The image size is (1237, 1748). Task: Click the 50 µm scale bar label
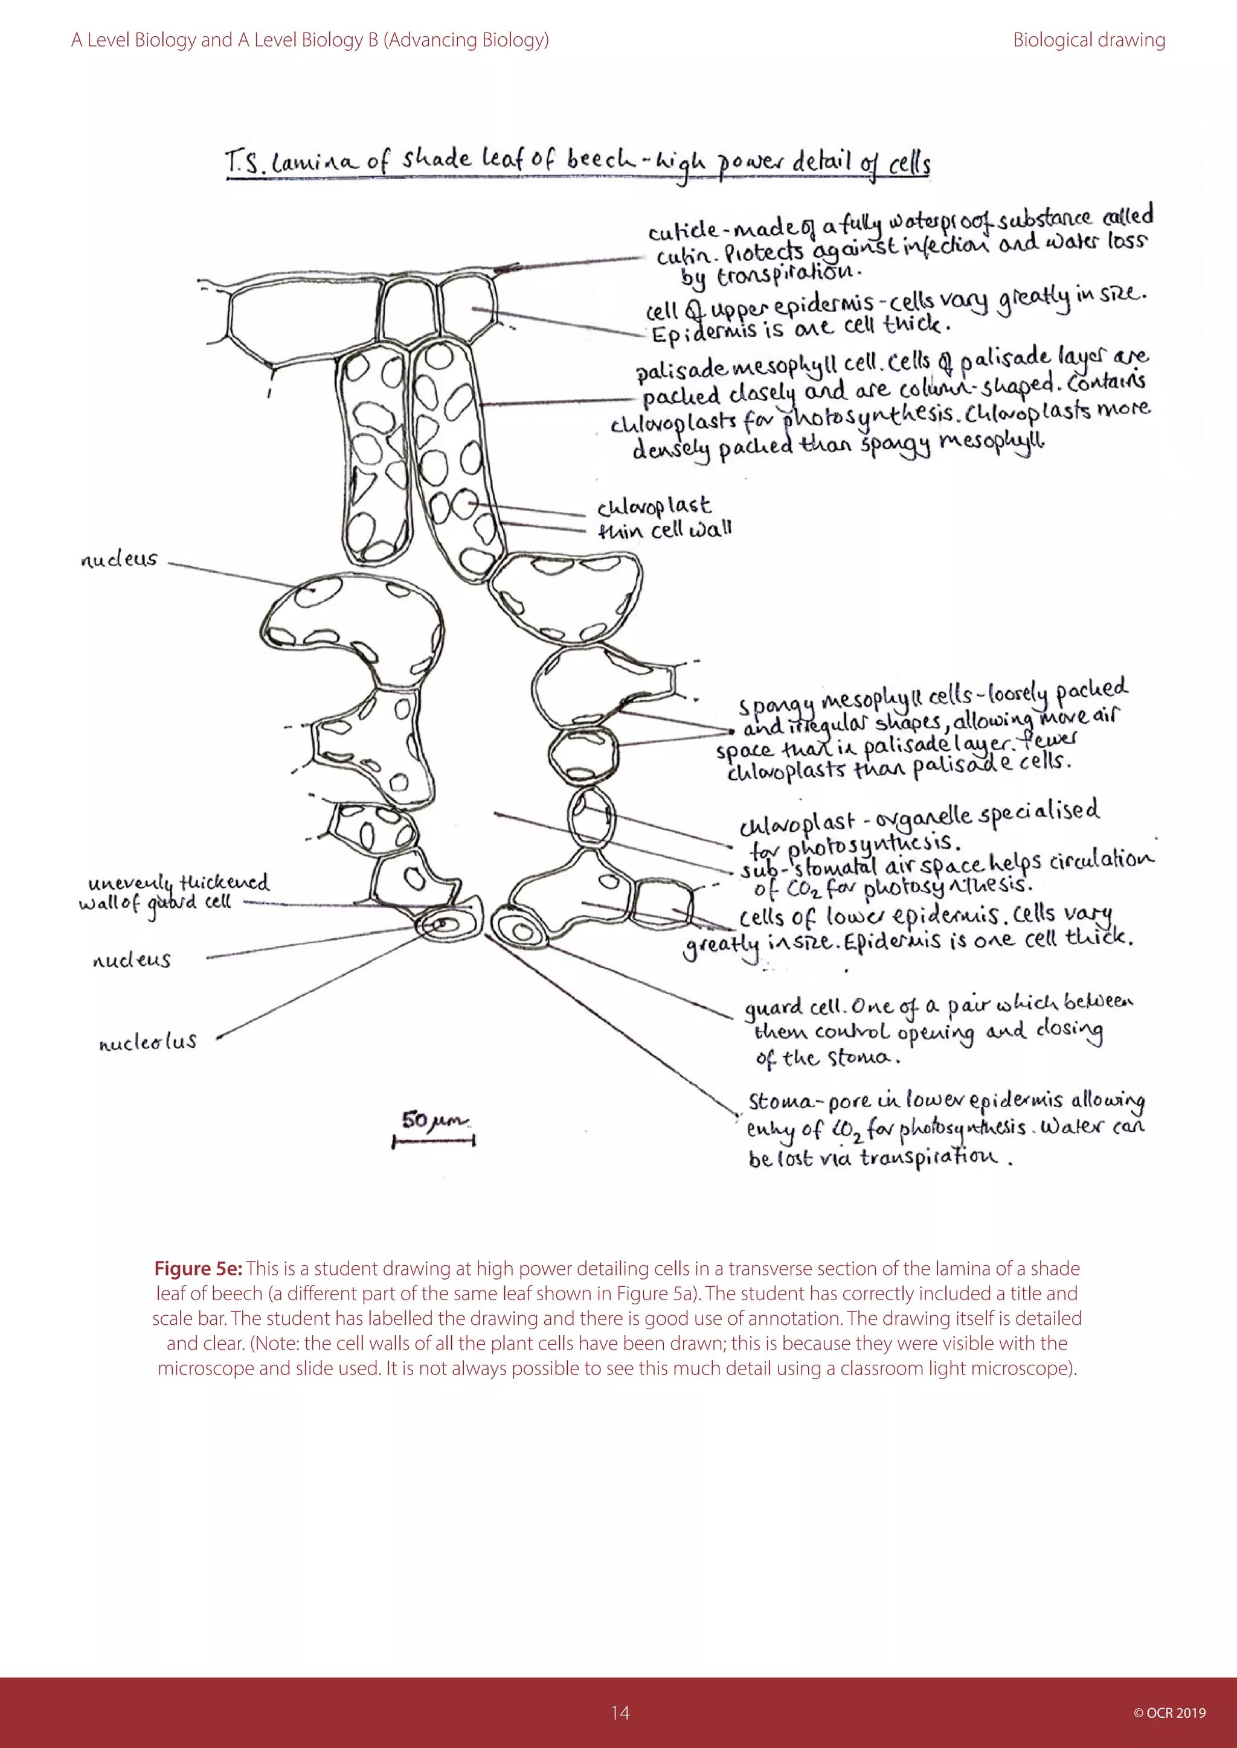[x=434, y=1121]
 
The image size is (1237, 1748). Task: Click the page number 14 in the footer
[x=619, y=1712]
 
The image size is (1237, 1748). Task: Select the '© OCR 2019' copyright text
[x=1169, y=1713]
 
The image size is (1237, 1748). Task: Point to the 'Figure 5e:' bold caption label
[x=198, y=1268]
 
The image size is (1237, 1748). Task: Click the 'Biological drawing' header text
[x=1088, y=40]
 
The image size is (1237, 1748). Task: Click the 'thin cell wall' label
[x=664, y=530]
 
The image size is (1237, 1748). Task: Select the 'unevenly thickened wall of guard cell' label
[x=175, y=892]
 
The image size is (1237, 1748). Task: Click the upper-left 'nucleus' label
[x=119, y=560]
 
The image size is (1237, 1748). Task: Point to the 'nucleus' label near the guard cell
[x=131, y=960]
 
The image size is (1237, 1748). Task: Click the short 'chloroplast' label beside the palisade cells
[x=654, y=506]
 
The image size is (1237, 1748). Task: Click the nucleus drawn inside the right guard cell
[x=522, y=931]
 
